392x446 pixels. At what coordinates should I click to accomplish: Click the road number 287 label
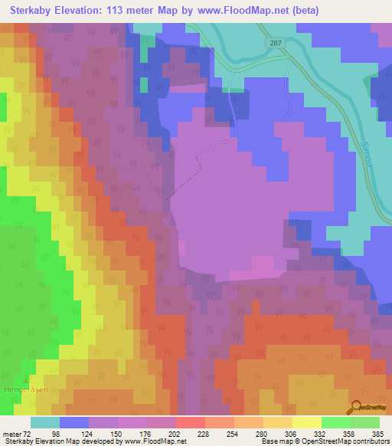pos(276,44)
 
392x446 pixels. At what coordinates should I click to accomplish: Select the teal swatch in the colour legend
pos(45,422)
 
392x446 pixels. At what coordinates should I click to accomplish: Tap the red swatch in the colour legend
pos(191,422)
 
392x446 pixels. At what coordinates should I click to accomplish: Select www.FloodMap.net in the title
pos(246,11)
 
